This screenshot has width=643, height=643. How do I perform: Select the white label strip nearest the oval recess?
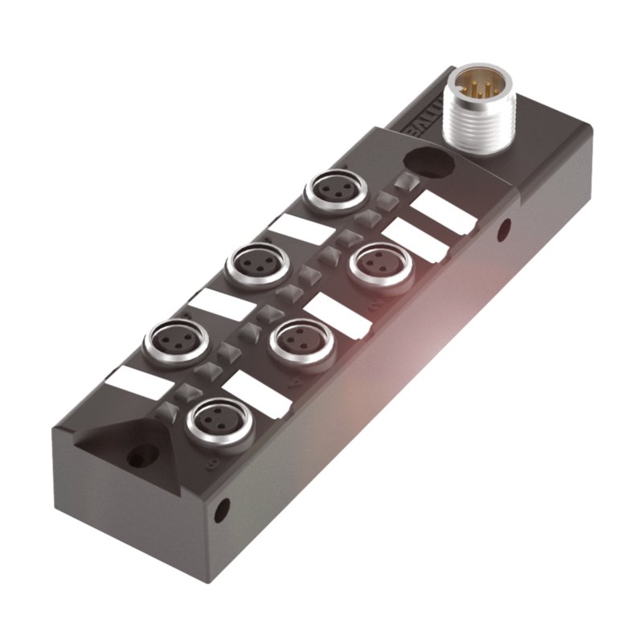pyautogui.click(x=441, y=212)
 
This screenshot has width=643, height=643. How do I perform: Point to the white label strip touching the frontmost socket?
pyautogui.click(x=256, y=395)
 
